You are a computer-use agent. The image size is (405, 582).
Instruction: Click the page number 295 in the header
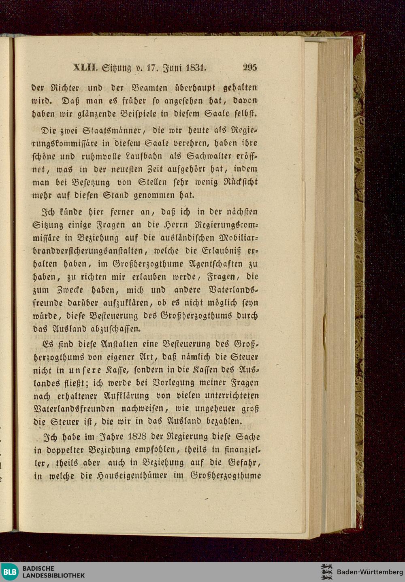tap(250, 68)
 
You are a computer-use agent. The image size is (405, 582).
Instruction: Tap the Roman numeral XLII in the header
tap(84, 68)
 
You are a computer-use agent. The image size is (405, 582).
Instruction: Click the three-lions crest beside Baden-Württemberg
tap(326, 571)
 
